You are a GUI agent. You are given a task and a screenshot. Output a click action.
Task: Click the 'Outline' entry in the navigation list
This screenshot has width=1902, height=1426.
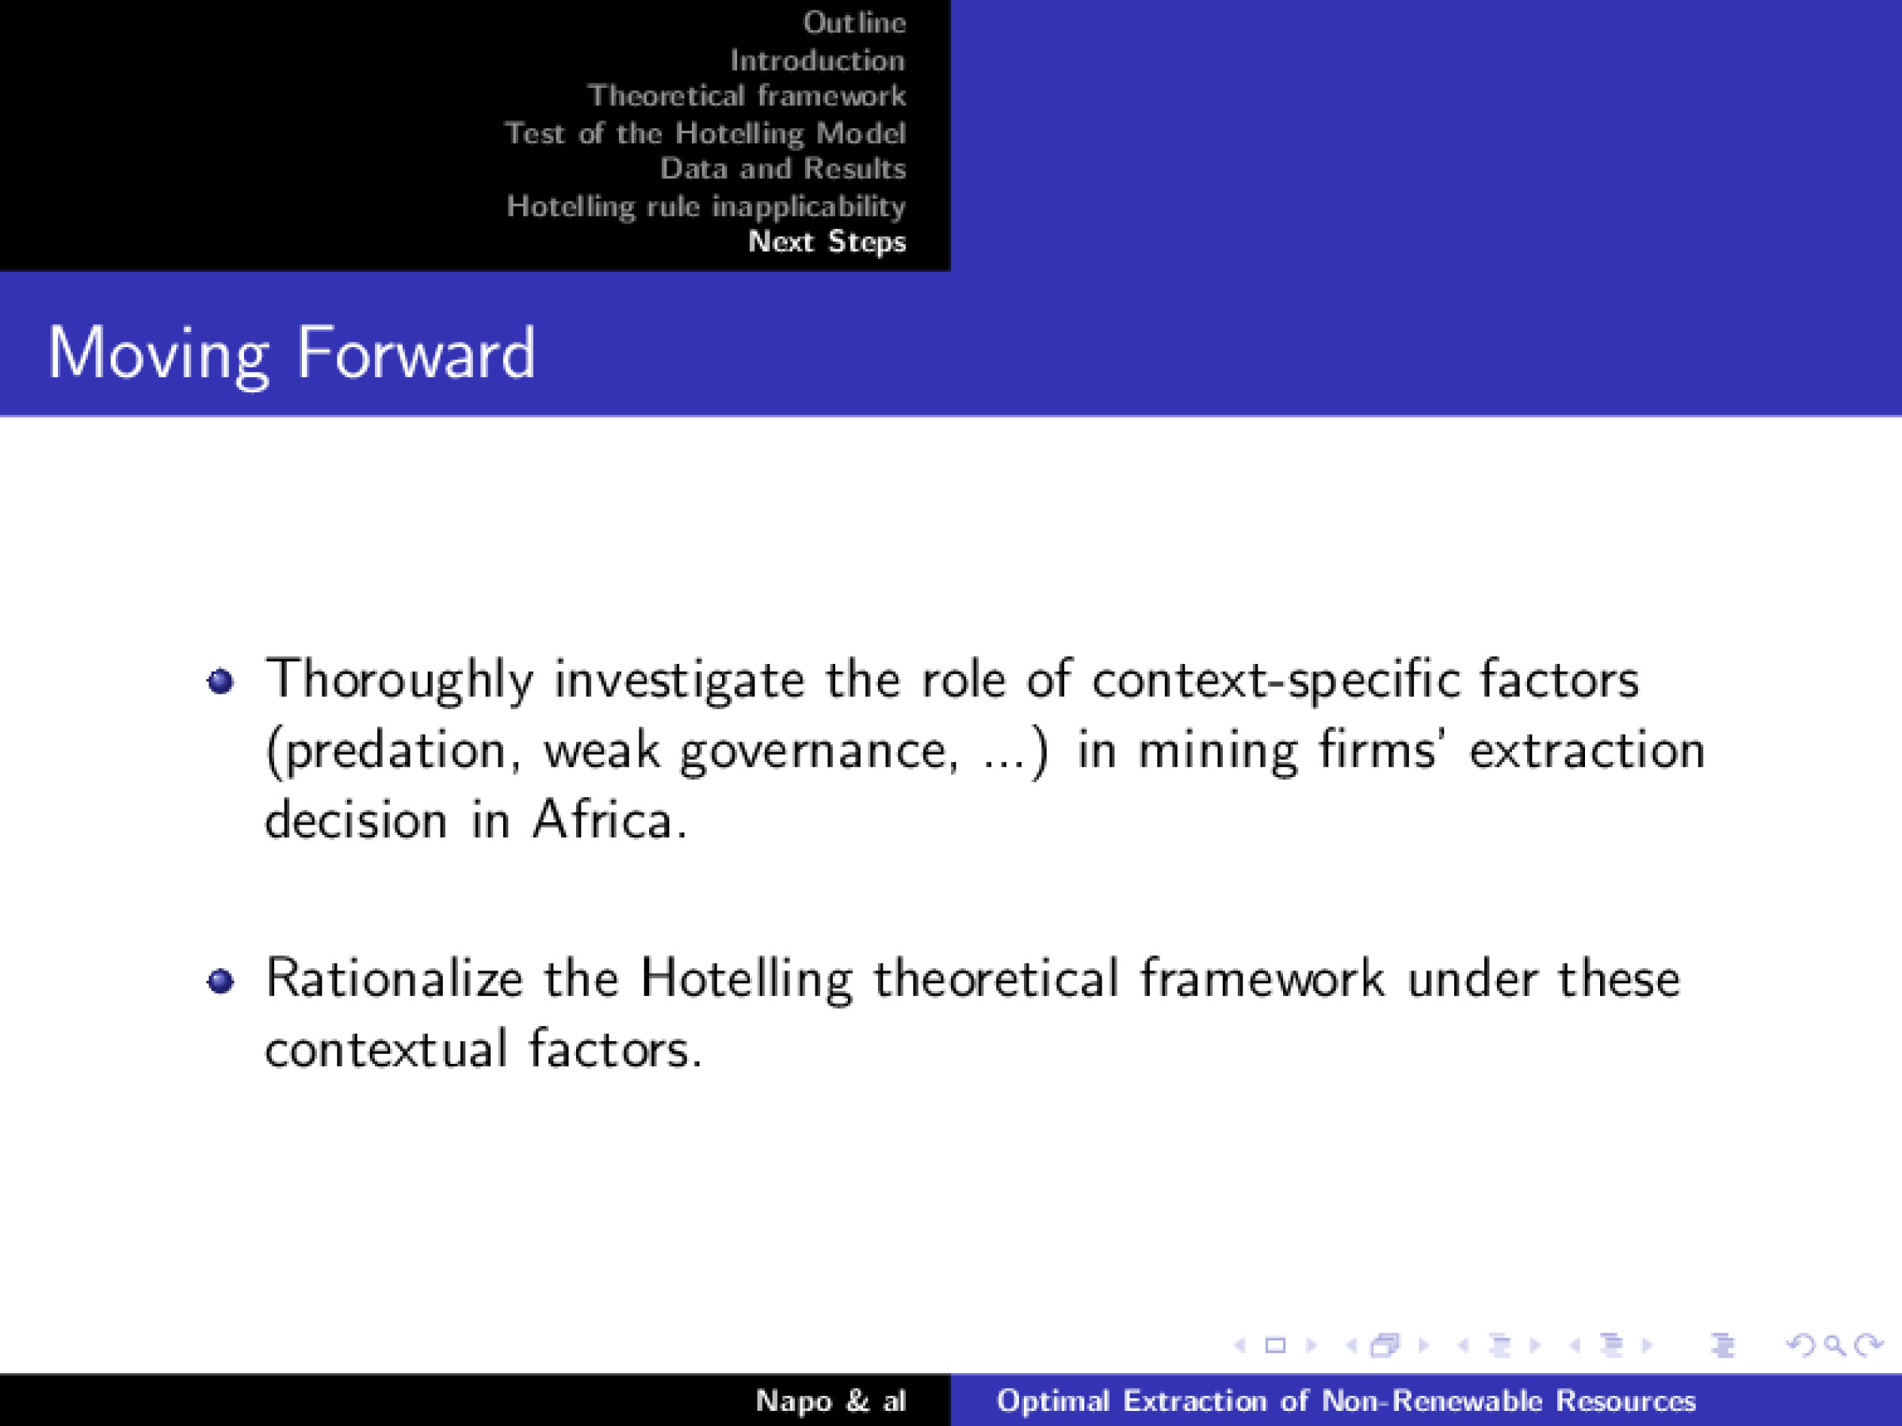pos(854,22)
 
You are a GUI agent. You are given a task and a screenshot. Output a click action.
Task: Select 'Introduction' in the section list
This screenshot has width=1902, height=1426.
pos(817,60)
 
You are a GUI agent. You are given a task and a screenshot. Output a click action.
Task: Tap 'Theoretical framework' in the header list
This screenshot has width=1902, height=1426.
pos(747,95)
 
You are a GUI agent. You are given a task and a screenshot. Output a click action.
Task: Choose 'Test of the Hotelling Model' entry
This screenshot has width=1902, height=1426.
pos(705,133)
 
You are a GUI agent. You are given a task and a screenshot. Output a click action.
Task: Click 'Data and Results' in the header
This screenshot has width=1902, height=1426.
pos(782,169)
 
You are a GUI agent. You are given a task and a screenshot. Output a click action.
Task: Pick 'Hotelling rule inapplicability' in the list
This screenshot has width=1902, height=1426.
pos(706,206)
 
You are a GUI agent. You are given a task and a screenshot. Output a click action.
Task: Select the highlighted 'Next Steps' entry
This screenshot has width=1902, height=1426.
pos(827,242)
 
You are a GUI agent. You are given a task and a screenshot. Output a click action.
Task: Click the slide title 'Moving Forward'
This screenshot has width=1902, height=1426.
pos(291,353)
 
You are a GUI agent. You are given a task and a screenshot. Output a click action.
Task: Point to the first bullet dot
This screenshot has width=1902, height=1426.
pos(221,681)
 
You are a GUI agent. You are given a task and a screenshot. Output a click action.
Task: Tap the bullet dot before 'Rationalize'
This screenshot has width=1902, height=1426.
pos(221,981)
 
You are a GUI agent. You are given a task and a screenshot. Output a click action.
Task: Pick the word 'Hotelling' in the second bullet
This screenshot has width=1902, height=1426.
pos(746,980)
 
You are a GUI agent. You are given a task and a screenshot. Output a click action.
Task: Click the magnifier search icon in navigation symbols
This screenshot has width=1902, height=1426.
pos(1834,1345)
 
